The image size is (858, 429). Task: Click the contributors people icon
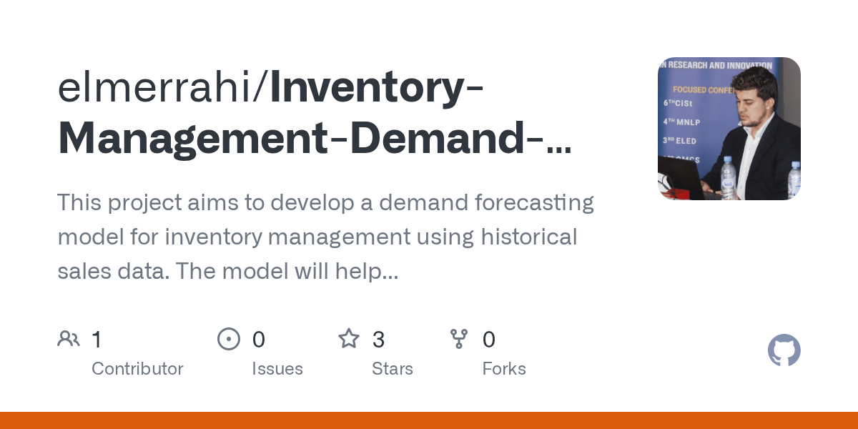pos(69,339)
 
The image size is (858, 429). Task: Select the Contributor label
pos(137,369)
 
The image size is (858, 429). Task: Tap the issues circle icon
pos(229,339)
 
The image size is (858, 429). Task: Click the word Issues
pos(277,369)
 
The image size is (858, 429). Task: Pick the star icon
pos(349,339)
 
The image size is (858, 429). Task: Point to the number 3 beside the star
pos(378,339)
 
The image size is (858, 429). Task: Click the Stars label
pos(393,369)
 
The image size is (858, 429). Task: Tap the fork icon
pos(459,339)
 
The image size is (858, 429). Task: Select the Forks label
pos(504,369)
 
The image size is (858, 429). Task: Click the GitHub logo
pos(784,351)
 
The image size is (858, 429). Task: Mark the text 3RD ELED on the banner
pos(680,141)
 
